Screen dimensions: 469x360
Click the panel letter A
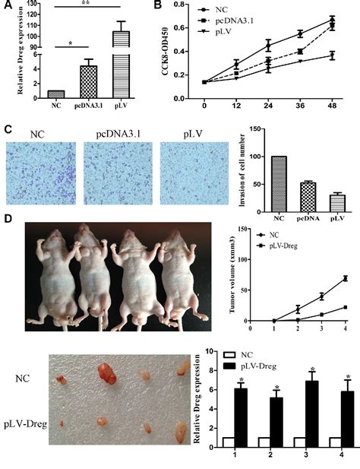[8, 6]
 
